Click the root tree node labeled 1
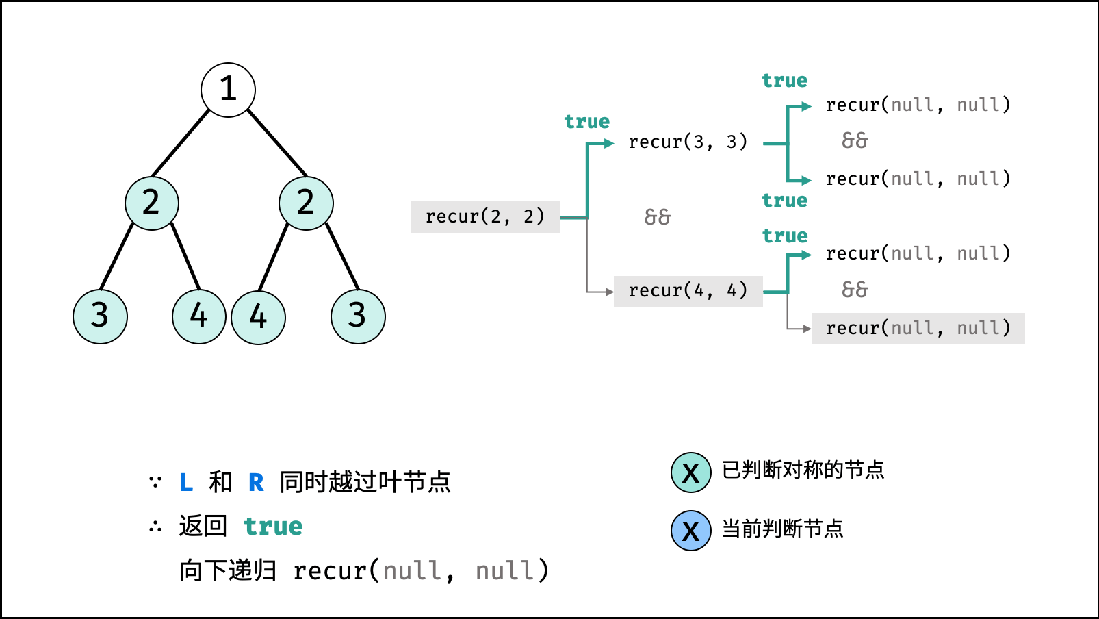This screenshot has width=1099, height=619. point(228,90)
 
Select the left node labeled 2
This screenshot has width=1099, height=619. point(152,203)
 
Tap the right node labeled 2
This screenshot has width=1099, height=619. point(306,203)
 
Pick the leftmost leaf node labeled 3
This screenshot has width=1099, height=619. point(100,316)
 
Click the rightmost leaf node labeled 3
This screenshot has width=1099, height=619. point(358,316)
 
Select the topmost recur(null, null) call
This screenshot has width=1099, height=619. point(918,105)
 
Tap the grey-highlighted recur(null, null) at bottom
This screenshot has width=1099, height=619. point(918,328)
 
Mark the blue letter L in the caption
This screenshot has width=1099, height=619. point(186,482)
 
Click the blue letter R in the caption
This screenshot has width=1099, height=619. point(256,482)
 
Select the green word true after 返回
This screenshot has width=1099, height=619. point(273,526)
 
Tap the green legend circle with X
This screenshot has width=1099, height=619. point(691,472)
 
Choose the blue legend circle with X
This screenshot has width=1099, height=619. point(691,531)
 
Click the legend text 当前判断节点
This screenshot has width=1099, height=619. point(783,529)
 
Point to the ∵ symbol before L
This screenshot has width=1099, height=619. point(155,482)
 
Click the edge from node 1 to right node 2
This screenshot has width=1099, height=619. point(277,142)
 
